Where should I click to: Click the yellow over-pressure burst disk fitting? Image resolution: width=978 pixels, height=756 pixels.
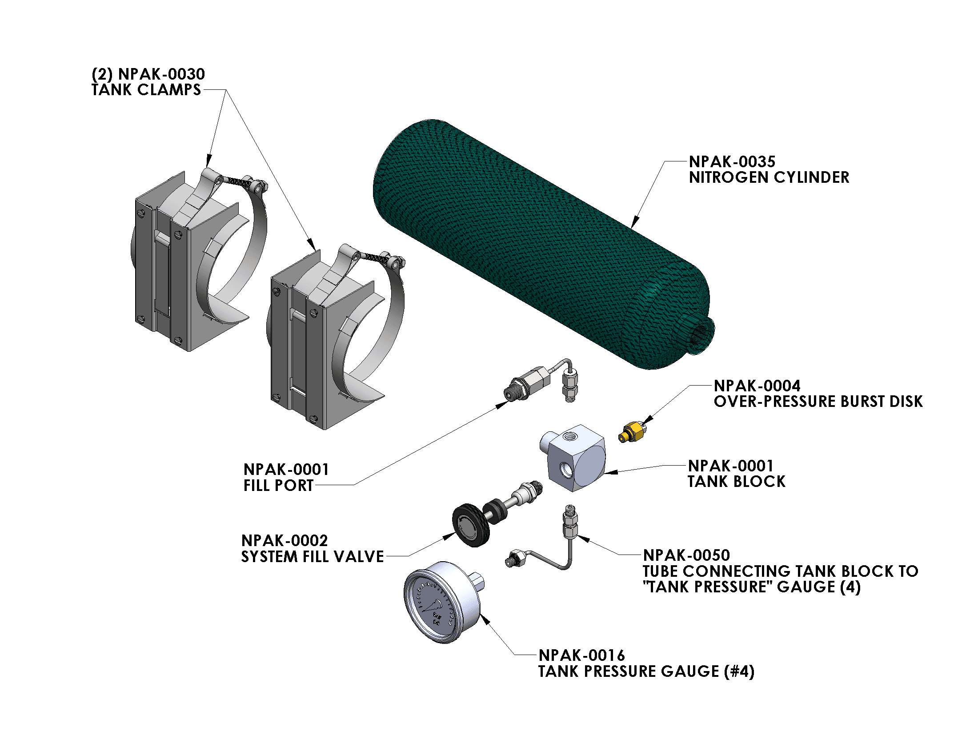tap(631, 432)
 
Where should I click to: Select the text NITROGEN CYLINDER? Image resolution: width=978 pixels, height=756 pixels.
tap(769, 178)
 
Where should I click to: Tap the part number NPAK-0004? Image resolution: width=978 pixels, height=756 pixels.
tap(757, 386)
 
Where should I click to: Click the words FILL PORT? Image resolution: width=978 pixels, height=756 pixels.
tap(278, 486)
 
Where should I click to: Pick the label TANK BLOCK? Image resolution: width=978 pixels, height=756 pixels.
tap(736, 482)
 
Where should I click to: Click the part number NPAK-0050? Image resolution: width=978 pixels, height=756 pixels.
tap(686, 555)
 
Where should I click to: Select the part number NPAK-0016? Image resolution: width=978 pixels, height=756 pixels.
tap(581, 655)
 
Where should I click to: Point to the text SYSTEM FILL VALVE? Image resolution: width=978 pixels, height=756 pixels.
tap(312, 557)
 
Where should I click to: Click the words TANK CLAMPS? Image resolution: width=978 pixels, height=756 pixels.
tap(146, 90)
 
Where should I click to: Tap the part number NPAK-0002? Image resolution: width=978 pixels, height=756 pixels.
tap(285, 541)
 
